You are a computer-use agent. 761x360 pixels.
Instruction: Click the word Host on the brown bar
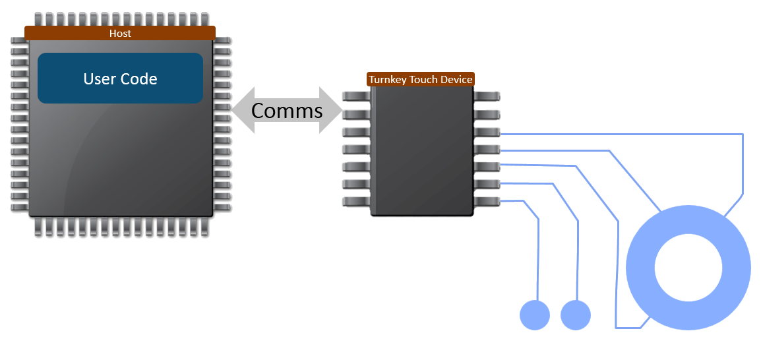(x=120, y=33)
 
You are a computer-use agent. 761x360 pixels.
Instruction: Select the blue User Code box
(x=120, y=78)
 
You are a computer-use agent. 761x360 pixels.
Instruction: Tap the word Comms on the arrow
(x=287, y=111)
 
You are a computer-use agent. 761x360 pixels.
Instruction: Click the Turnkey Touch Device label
(x=421, y=80)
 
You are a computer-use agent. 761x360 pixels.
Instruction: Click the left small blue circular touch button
(x=535, y=315)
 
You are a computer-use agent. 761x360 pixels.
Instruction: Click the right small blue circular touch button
(x=576, y=315)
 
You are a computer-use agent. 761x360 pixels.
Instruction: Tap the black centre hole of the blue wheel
(x=688, y=268)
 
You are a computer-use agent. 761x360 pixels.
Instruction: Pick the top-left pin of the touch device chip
(x=355, y=96)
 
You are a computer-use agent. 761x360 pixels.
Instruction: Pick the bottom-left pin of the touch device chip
(x=355, y=201)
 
